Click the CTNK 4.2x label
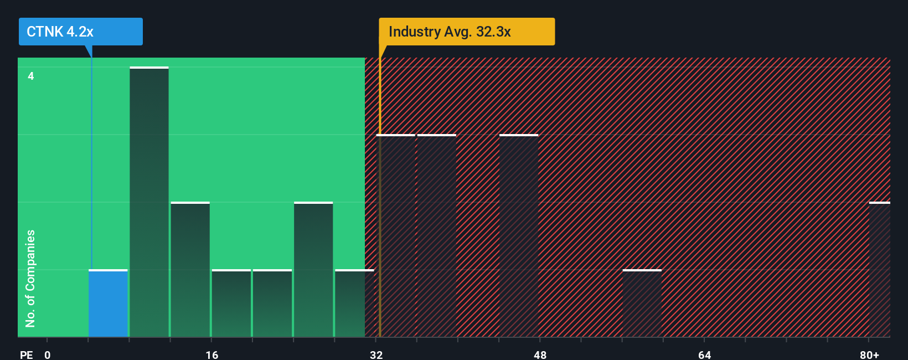coord(80,32)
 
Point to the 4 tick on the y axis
coord(31,76)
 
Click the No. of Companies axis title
coord(30,278)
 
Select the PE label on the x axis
coord(26,354)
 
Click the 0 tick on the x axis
coord(48,354)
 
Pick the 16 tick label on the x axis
coord(211,354)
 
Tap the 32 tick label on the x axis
coord(376,354)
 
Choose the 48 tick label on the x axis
coord(540,354)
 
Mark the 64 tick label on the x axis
coord(704,354)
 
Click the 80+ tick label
coord(869,354)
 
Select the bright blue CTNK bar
coord(109,304)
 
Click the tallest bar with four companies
coord(149,202)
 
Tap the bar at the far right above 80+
coord(880,270)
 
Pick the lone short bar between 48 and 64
coord(642,304)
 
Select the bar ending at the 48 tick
coord(519,236)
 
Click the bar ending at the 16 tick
coord(190,270)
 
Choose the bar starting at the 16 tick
coord(231,304)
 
